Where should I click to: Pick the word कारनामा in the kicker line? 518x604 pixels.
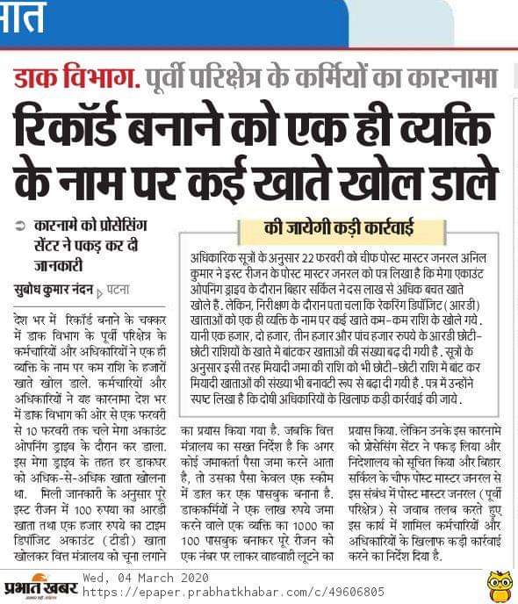click(439, 80)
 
